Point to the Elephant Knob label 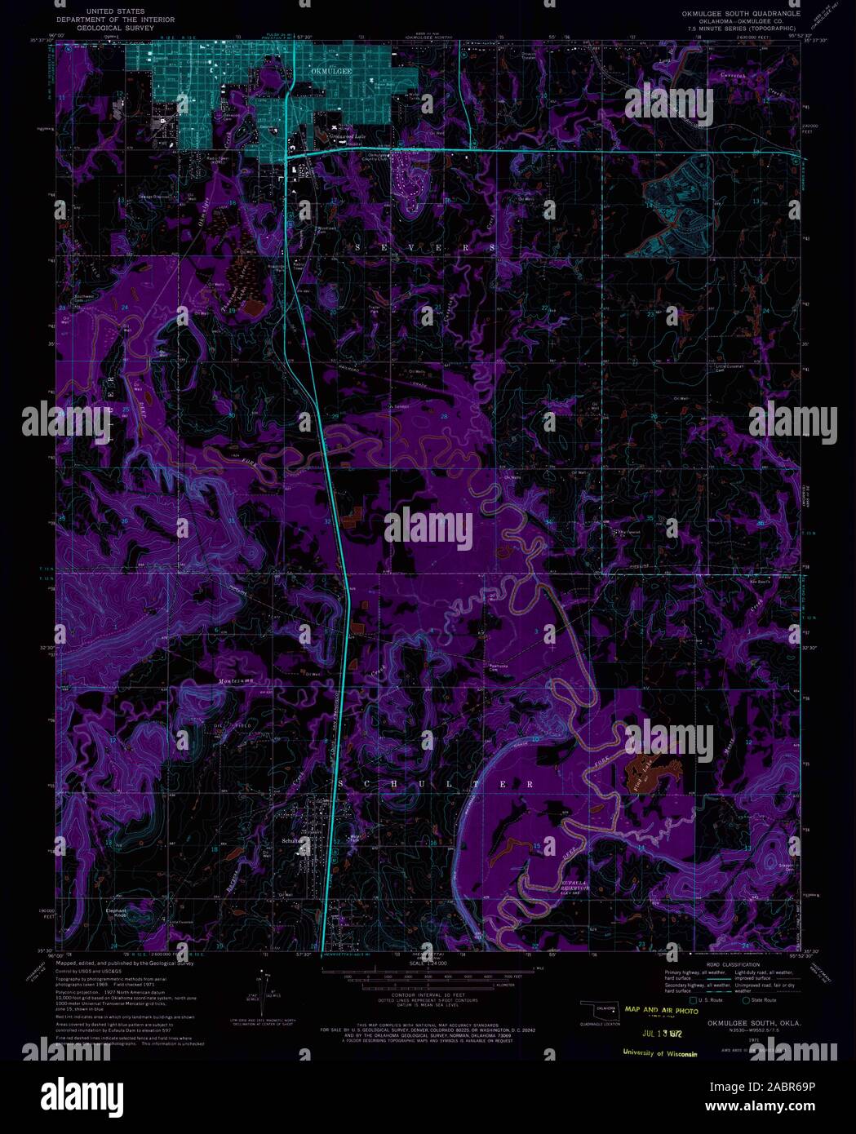(117, 912)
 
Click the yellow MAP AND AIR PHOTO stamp (662, 1010)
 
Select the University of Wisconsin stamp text (659, 1053)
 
